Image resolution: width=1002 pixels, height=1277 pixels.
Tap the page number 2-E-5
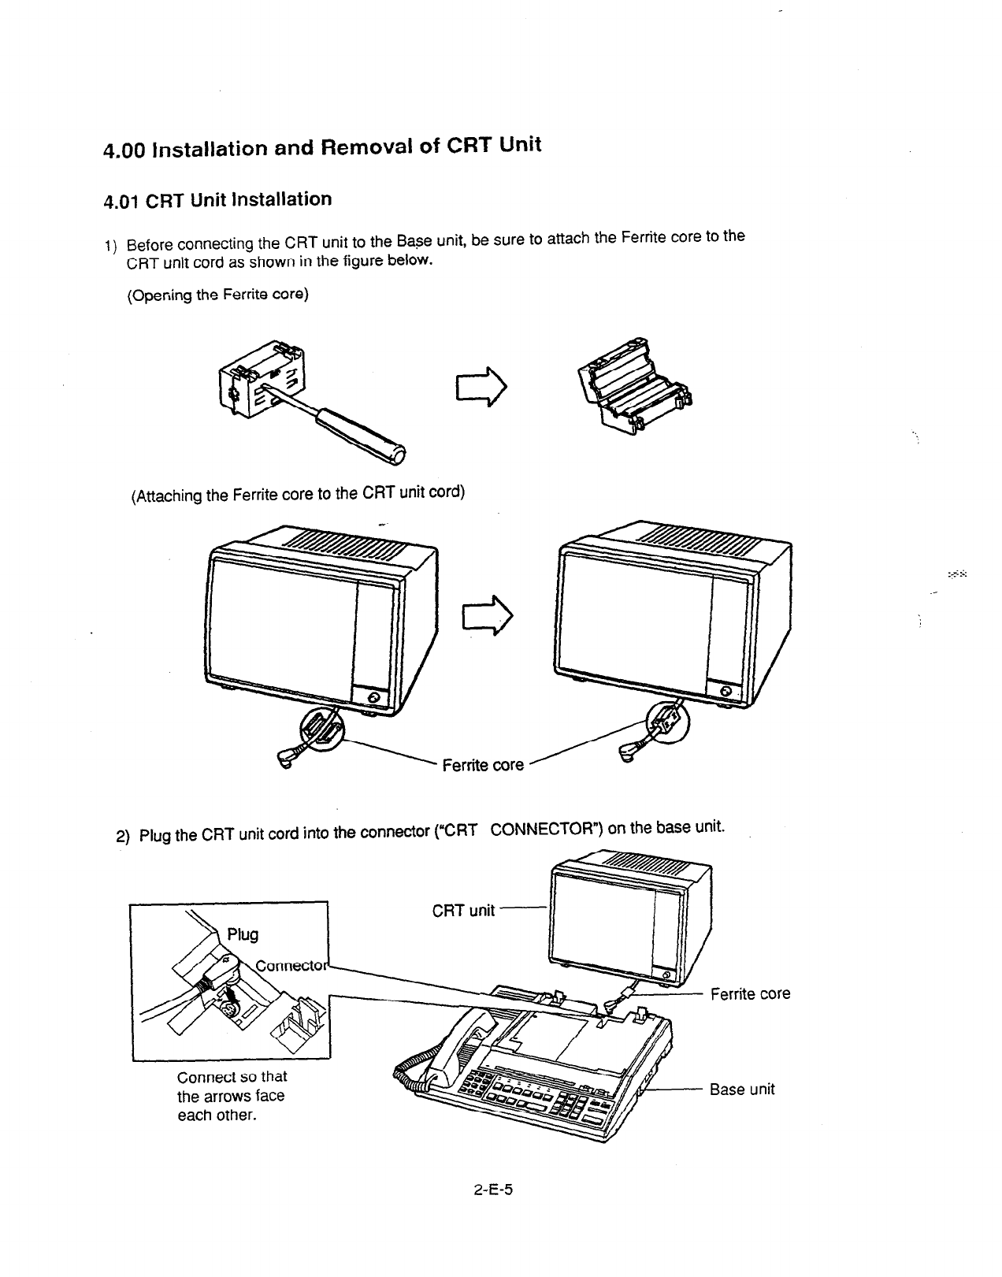(493, 1190)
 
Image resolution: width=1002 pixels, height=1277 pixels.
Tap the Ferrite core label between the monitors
(483, 765)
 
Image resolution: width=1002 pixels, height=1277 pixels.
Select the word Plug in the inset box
(243, 934)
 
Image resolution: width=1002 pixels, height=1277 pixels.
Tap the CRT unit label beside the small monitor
(463, 911)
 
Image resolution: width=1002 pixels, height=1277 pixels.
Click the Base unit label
(742, 1090)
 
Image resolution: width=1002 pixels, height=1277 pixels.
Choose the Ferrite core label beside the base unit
(750, 994)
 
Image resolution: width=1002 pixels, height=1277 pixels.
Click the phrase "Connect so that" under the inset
(232, 1077)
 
